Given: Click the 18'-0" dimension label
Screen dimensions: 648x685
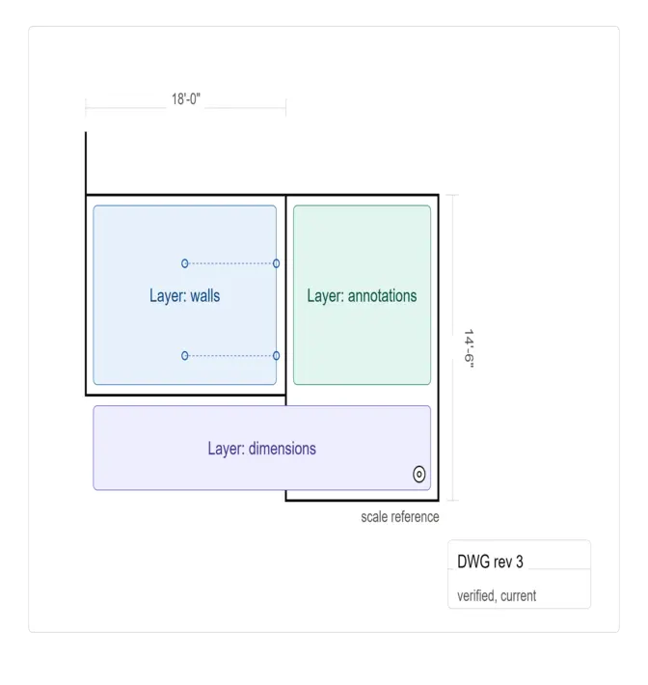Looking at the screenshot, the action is point(186,99).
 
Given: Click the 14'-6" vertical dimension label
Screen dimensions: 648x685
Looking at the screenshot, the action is point(469,348).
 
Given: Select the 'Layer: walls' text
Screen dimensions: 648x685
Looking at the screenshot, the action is point(185,296).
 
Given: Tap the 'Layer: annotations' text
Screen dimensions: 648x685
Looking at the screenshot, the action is point(362,296).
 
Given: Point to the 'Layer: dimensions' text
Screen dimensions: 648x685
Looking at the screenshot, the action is point(261,449).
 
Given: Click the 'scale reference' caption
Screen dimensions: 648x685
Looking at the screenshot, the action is point(400,517).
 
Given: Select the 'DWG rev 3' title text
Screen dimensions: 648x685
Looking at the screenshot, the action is point(490,562).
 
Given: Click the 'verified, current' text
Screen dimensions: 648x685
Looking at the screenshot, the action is point(497,596).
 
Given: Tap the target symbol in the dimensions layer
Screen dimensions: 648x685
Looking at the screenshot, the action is point(419,474).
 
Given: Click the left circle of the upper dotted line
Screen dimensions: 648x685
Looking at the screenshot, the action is point(185,263).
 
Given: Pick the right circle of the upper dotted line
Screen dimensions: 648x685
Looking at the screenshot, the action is point(276,263).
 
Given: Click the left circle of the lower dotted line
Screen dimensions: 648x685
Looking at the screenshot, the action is point(185,356).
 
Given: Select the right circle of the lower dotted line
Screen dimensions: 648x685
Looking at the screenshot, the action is point(276,356).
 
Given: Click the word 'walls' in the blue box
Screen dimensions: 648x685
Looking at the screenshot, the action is point(205,296).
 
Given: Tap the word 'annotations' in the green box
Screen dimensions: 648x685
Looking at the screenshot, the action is point(382,296).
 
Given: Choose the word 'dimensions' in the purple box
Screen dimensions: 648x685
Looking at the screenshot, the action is point(283,449).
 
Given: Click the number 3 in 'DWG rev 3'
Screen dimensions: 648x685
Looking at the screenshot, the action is point(519,562).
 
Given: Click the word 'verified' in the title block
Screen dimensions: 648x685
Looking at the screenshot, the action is point(476,596).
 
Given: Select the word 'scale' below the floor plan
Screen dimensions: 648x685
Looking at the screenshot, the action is point(374,517).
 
